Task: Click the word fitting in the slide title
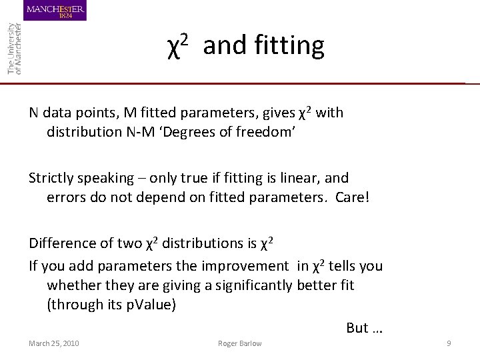pos(289,45)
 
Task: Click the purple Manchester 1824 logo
pos(55,11)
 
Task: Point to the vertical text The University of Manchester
pos(14,48)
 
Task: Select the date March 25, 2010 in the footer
pos(53,343)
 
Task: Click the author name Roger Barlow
pos(240,343)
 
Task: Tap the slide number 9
pos(449,343)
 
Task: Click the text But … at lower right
pos(364,327)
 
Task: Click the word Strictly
pos(51,178)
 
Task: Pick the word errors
pos(65,197)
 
